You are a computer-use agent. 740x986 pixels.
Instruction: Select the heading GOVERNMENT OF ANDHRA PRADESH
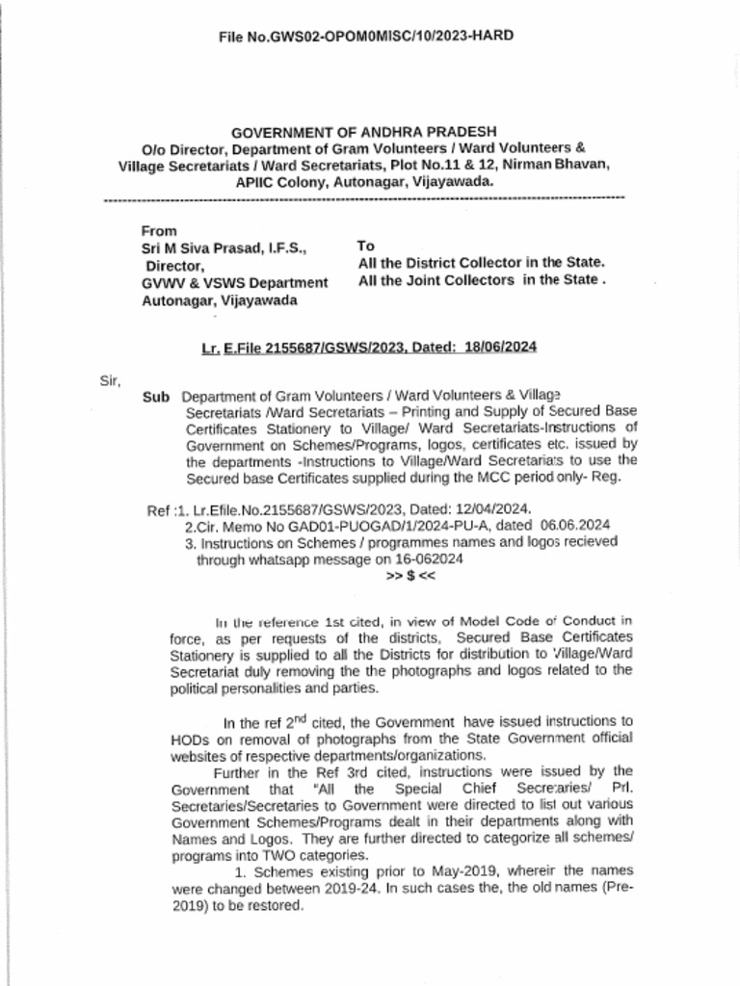(x=363, y=131)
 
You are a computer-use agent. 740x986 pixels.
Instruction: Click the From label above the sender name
(x=159, y=231)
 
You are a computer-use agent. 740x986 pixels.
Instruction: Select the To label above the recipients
(x=366, y=246)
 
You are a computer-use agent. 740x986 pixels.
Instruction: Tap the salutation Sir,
(x=111, y=380)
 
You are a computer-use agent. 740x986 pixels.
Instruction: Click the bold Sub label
(x=156, y=397)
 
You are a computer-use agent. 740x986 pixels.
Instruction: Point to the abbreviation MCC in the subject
(x=490, y=477)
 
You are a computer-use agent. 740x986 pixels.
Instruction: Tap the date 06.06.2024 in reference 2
(x=575, y=526)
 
